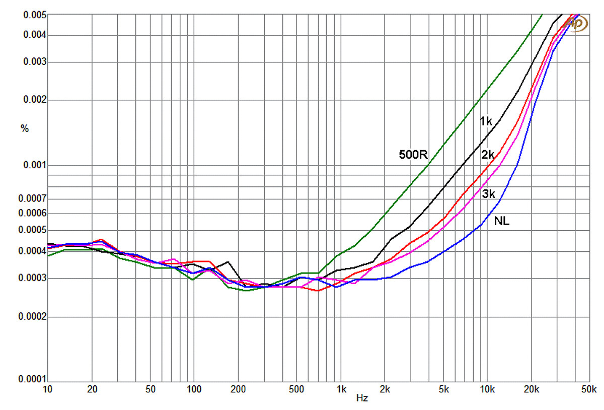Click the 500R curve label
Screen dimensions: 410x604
413,154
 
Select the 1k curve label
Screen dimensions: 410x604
486,121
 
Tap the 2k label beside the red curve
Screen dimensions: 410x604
488,155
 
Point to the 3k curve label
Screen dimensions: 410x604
488,194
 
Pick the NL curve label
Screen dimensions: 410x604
502,221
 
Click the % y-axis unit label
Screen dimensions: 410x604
25,128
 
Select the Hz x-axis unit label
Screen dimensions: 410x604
362,398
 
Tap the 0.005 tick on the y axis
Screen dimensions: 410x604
35,15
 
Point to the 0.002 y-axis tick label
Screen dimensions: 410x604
35,100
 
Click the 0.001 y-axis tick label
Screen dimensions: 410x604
35,165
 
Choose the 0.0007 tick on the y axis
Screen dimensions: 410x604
33,199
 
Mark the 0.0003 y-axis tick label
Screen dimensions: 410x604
33,278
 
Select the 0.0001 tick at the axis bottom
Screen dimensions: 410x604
33,379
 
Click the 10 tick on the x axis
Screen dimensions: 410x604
47,389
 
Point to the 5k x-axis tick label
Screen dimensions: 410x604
443,389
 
